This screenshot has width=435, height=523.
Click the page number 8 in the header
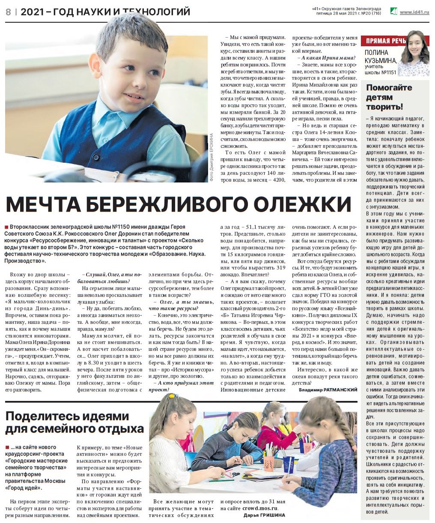[8, 12]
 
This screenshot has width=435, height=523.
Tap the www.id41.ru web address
[414, 12]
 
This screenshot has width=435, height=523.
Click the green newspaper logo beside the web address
[393, 12]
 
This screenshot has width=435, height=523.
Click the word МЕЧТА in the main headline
[45, 204]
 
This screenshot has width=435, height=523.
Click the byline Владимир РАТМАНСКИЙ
[328, 390]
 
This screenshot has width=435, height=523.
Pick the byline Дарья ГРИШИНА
[264, 515]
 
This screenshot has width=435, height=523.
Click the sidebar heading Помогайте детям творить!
[389, 97]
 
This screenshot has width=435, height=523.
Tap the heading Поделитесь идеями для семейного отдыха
[74, 422]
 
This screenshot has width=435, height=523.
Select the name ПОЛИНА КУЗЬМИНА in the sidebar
[380, 57]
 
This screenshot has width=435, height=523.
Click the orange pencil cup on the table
[268, 463]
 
